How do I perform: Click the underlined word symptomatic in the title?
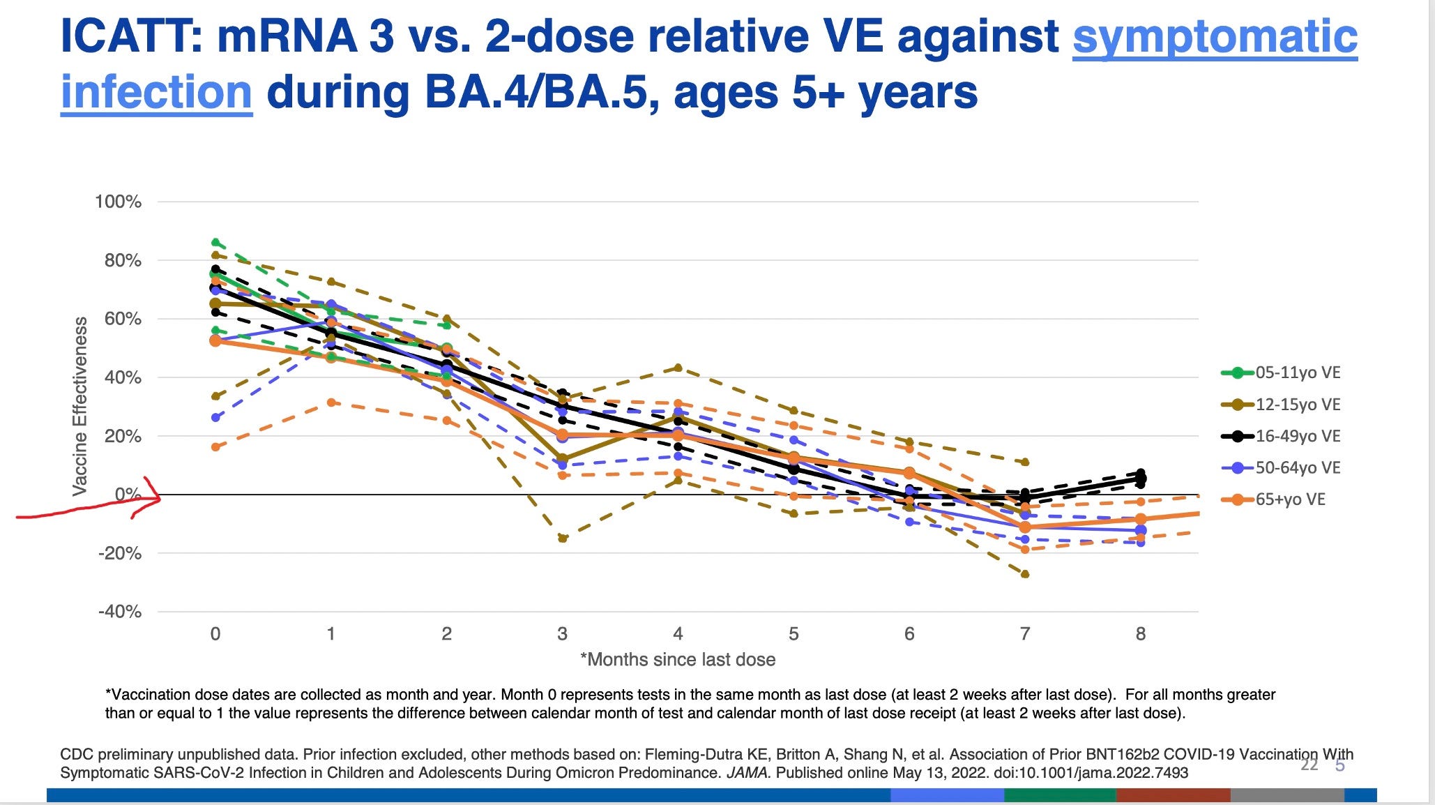coord(1214,36)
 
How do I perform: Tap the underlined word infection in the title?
coord(156,93)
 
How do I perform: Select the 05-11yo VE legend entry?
coord(1297,373)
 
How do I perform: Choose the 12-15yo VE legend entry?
coord(1297,405)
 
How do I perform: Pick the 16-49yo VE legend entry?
coord(1297,436)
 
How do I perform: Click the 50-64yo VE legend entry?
coord(1297,467)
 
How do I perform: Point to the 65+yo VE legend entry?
coord(1289,499)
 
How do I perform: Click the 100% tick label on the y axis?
coord(118,202)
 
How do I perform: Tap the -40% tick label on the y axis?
coord(119,612)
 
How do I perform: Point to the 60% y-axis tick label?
coord(122,319)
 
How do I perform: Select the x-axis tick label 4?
coord(678,633)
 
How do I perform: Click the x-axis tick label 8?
coord(1140,633)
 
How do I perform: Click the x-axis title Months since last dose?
coord(678,660)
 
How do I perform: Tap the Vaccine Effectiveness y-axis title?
coord(81,406)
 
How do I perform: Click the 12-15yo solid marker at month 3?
coord(562,460)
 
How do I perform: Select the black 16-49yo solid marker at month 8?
coord(1140,479)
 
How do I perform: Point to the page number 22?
coord(1309,765)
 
